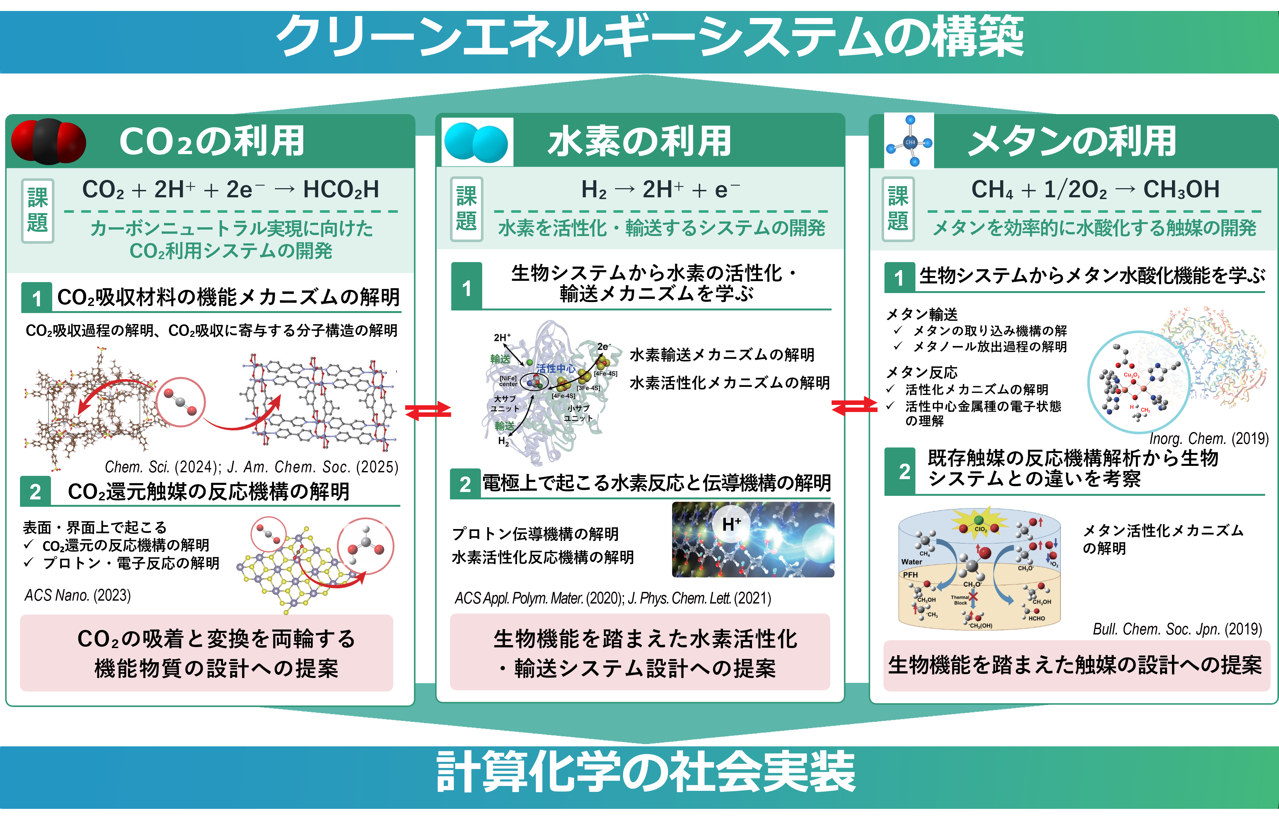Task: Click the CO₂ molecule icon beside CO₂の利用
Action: point(48,141)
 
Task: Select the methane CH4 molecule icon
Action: point(910,142)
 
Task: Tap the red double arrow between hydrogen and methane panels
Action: point(854,407)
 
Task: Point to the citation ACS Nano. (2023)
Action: point(78,595)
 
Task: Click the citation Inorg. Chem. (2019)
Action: point(1209,439)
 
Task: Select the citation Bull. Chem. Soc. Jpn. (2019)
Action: point(1177,629)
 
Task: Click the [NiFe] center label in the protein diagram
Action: point(508,381)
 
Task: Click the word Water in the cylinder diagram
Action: point(912,562)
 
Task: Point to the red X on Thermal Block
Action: point(973,597)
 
